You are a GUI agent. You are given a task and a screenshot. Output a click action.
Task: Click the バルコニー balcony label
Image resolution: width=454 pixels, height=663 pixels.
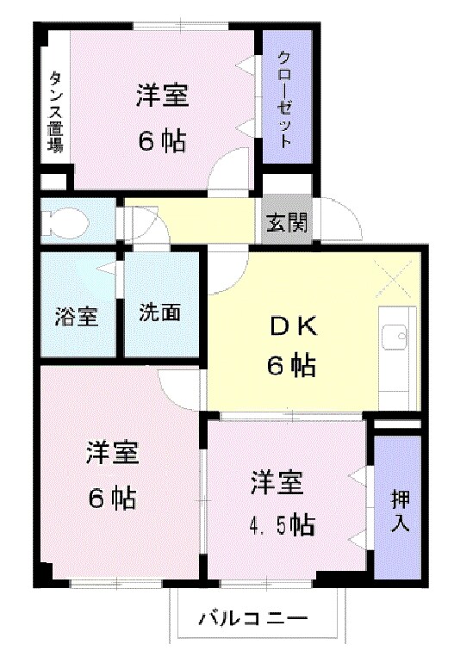[253, 619]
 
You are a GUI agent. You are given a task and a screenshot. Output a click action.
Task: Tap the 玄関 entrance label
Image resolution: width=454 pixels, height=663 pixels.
[287, 221]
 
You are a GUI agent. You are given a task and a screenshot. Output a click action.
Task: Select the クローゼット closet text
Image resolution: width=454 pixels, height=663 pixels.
[285, 99]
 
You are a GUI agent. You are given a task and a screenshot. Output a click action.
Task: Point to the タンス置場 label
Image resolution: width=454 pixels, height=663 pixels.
[55, 112]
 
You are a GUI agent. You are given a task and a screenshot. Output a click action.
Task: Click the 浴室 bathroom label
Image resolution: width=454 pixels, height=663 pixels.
[77, 316]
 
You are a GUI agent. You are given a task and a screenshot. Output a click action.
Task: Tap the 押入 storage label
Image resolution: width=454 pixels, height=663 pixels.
[400, 511]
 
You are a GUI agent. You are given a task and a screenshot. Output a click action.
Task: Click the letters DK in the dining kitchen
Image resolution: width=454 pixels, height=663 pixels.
[293, 327]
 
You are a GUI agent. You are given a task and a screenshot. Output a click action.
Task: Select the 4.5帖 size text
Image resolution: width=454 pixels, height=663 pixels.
[282, 525]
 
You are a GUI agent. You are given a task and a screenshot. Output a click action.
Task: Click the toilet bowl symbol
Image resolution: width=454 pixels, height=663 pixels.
[68, 220]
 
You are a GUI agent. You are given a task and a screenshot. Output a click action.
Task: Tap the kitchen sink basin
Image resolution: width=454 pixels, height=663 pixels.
[394, 337]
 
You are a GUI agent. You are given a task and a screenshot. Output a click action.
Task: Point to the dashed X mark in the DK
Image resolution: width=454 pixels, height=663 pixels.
[393, 279]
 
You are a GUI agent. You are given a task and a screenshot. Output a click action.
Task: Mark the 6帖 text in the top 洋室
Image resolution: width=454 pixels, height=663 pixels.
[163, 142]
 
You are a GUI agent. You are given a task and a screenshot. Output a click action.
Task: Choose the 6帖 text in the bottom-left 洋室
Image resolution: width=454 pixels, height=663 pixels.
[112, 498]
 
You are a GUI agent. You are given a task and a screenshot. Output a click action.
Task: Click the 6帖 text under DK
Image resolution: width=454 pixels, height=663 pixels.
[291, 365]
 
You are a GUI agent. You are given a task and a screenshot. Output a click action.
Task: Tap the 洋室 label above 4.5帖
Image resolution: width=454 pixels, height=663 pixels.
[277, 482]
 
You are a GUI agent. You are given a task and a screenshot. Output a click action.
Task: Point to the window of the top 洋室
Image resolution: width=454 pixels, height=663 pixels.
[181, 26]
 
